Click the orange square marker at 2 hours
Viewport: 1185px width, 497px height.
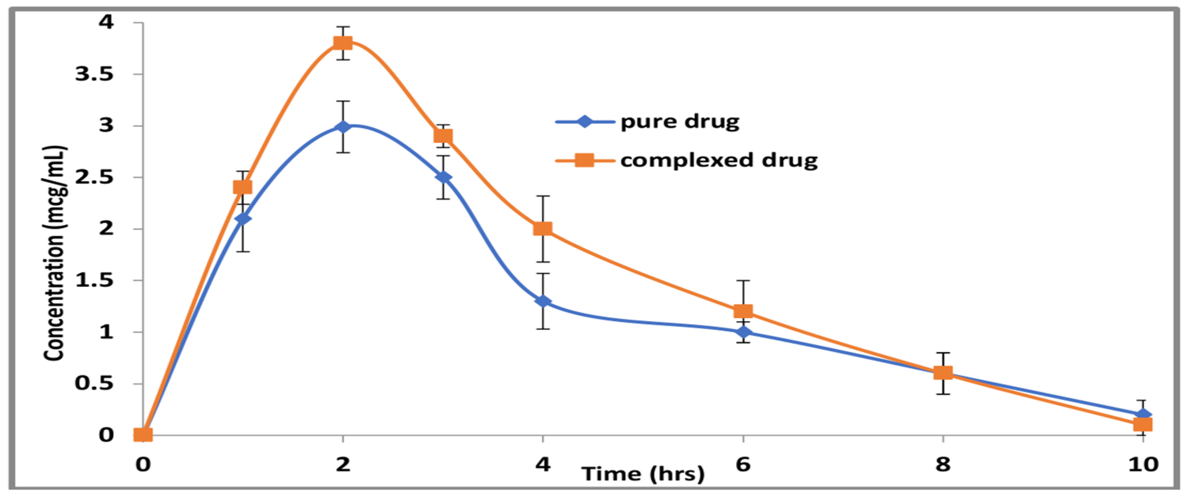click(343, 43)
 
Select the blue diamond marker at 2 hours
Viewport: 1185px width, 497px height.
click(343, 126)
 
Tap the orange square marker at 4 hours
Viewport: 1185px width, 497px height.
click(543, 229)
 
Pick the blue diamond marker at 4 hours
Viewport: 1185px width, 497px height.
click(543, 301)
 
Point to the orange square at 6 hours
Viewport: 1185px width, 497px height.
click(743, 312)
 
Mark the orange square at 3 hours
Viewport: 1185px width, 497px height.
click(443, 136)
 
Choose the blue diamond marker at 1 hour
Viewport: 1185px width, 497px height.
click(243, 218)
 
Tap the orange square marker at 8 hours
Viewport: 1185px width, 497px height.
click(943, 373)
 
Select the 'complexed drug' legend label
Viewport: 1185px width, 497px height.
click(719, 161)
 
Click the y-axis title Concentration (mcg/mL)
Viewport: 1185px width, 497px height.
click(55, 253)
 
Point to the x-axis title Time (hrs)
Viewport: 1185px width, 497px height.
click(643, 474)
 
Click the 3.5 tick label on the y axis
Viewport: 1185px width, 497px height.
click(94, 74)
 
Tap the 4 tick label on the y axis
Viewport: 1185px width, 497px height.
click(106, 22)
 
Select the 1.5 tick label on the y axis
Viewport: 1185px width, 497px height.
click(94, 280)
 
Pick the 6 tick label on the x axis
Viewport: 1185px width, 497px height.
click(743, 465)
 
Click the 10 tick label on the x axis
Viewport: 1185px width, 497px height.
click(1142, 465)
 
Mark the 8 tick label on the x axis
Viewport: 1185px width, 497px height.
click(943, 465)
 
